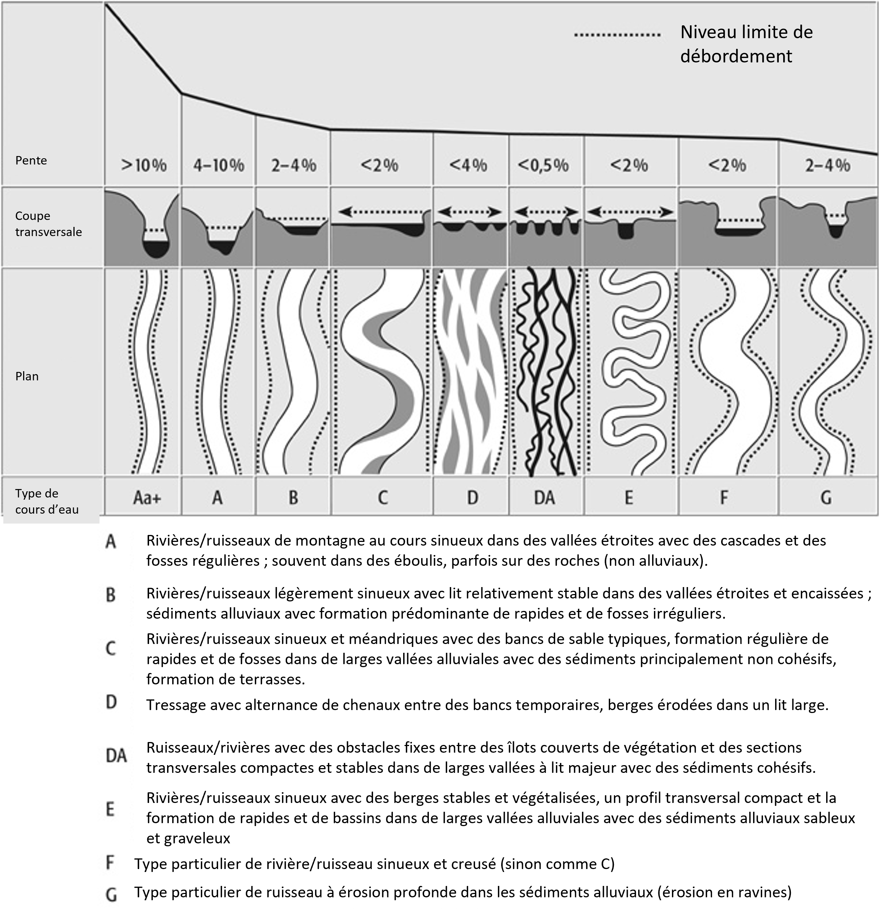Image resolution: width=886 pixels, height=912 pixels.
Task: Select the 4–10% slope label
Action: coord(218,166)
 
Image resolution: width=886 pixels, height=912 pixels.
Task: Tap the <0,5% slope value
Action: coord(543,166)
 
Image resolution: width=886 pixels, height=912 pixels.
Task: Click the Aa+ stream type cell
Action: coord(147,498)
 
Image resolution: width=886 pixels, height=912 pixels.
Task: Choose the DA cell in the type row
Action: coord(545,498)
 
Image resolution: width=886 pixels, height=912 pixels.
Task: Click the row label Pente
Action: coord(31,160)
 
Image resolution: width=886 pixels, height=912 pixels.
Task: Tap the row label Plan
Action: coord(27,376)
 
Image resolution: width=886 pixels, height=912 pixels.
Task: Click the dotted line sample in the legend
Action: coord(616,35)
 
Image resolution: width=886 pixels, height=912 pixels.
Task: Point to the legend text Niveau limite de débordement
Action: coord(746,44)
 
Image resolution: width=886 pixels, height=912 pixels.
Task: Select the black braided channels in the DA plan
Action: coord(547,372)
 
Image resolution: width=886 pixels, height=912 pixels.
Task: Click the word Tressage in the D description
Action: coord(176,705)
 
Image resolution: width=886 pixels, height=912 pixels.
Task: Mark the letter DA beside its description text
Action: coord(116,756)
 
